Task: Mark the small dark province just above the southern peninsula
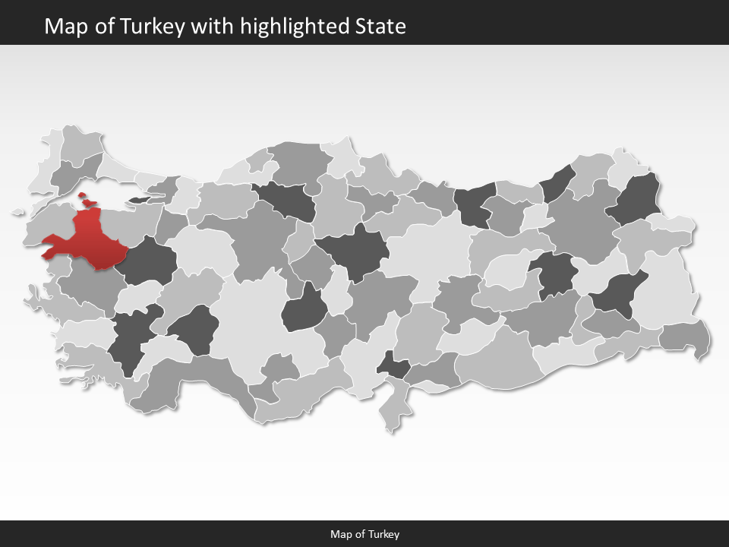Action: pos(393,367)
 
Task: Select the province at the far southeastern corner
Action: pos(686,338)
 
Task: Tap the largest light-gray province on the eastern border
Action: pos(667,292)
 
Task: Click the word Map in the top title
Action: pos(62,27)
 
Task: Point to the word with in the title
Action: pos(213,27)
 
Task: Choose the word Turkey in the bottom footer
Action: pos(384,534)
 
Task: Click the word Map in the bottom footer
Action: pos(340,534)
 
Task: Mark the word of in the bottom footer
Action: pos(360,534)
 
